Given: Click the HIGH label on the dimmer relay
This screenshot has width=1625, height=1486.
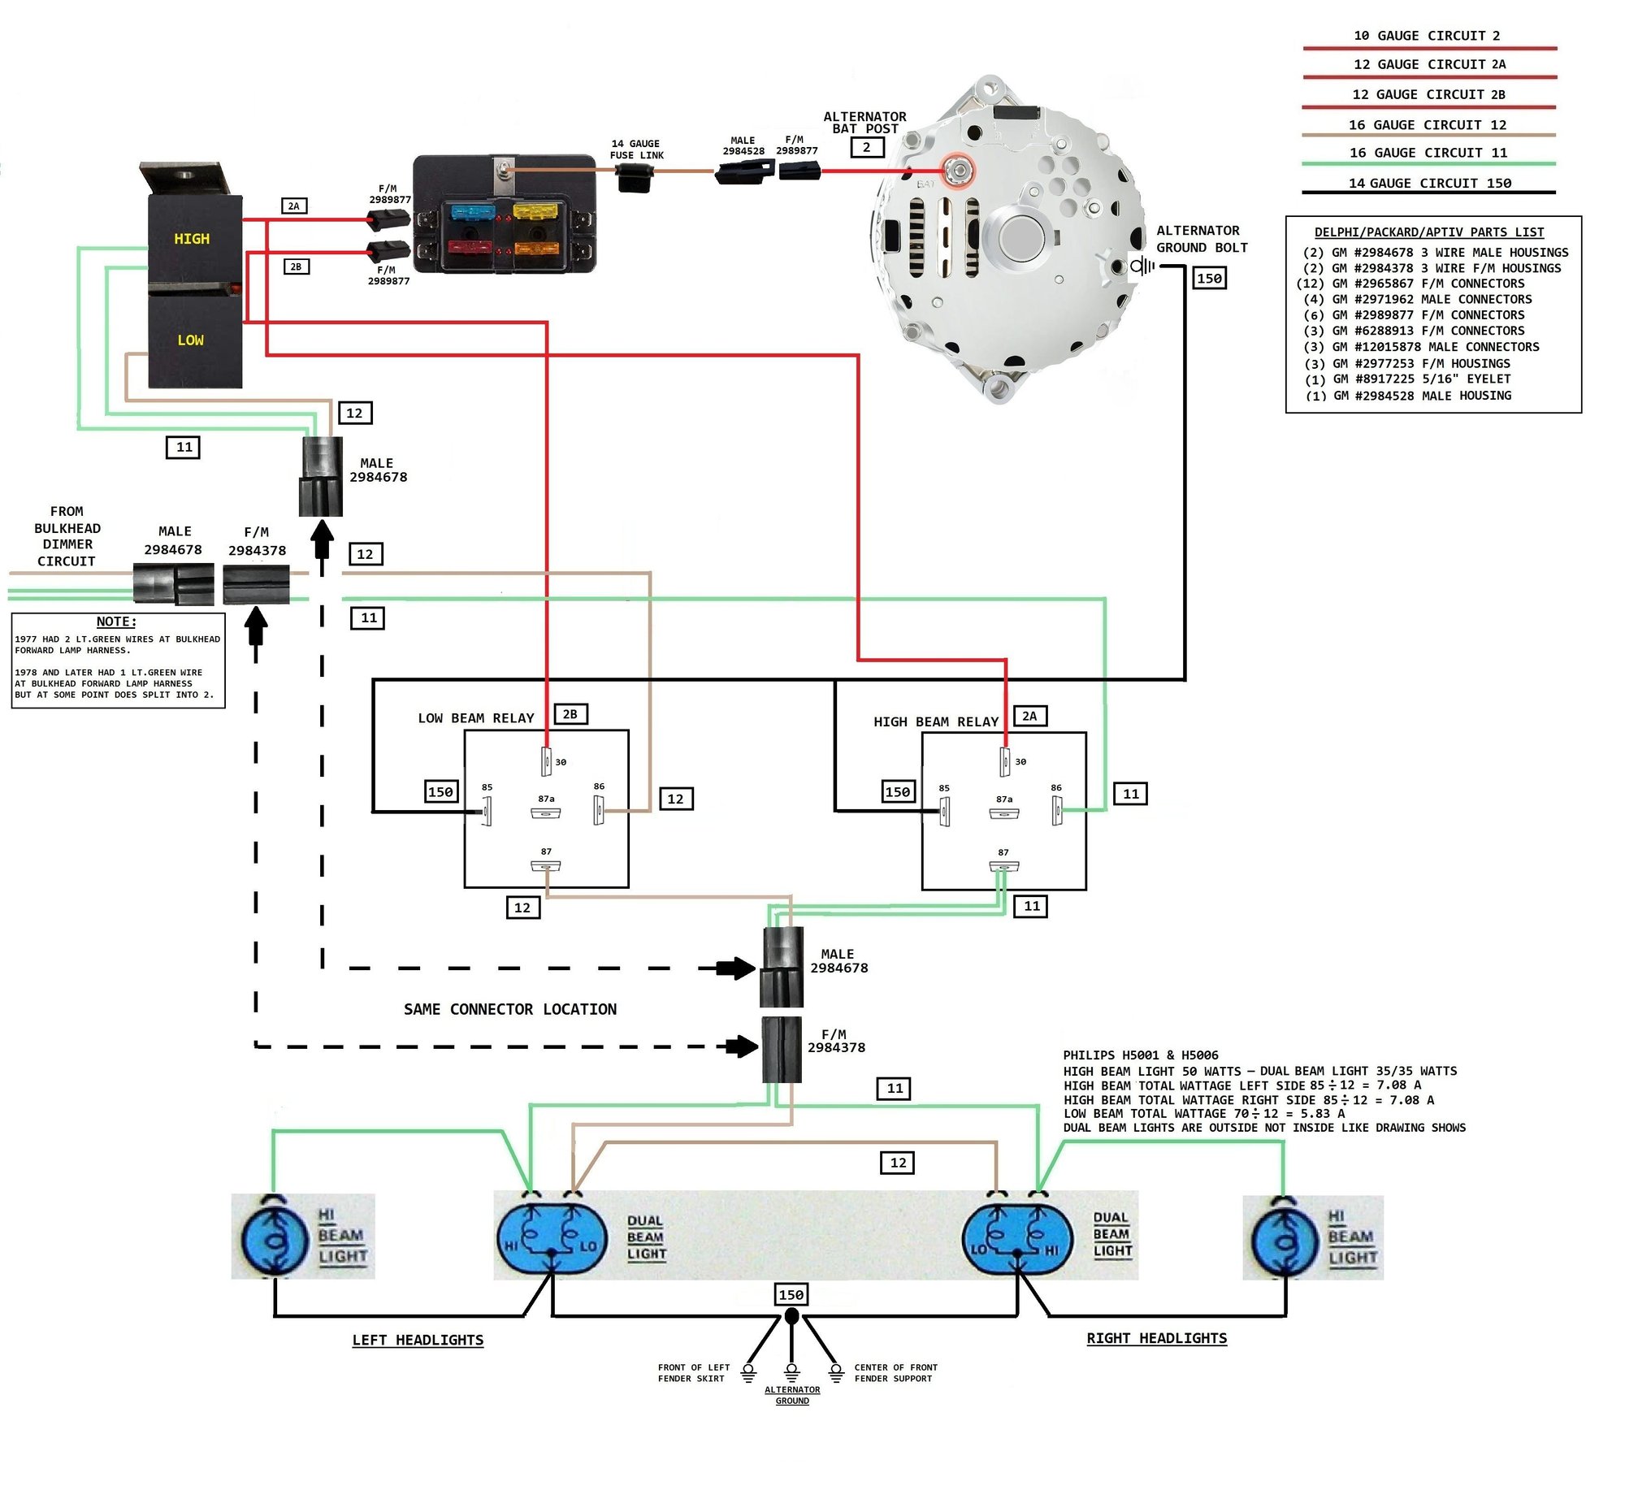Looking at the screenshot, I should point(192,239).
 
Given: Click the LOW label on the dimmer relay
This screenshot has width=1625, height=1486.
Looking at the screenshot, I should point(191,340).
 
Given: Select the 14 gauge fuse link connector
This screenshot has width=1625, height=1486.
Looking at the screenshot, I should point(635,175).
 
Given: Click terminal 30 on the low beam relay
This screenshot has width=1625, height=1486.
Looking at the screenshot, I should point(546,761).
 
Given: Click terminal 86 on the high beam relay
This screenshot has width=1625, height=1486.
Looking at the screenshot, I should point(1056,810).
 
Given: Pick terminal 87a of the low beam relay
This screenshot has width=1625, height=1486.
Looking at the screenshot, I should point(545,812).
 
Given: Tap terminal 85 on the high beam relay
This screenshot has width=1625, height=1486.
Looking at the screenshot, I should point(944,811).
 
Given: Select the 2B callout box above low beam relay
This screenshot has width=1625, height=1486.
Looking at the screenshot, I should point(570,714).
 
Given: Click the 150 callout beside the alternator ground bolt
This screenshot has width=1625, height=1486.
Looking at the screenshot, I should point(1209,279).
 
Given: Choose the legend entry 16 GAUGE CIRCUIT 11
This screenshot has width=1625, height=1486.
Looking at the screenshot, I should point(1428,153).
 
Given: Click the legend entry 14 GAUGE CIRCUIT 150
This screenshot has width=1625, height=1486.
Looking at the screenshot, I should point(1429,184).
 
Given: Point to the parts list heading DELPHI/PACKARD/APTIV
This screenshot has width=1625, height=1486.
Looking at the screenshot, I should point(1428,232).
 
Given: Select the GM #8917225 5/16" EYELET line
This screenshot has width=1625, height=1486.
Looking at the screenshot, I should point(1410,379).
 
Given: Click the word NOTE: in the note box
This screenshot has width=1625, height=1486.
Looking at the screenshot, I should point(116,622).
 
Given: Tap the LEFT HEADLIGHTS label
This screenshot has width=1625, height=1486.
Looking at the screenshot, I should point(418,1340).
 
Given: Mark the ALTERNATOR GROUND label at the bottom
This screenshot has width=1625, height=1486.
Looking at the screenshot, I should point(792,1395).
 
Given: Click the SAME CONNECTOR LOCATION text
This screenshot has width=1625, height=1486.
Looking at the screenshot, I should point(509,1009).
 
